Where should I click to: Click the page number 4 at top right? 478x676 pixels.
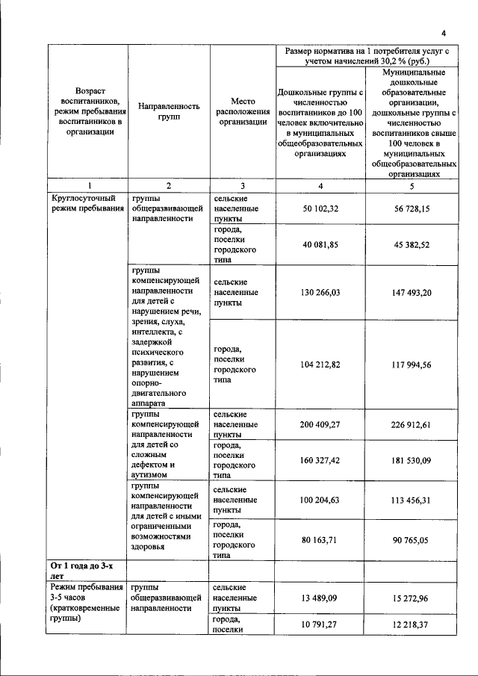click(443, 33)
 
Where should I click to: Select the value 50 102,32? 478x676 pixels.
click(320, 210)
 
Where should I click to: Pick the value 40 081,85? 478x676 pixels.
click(320, 244)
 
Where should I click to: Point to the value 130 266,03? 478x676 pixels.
click(320, 293)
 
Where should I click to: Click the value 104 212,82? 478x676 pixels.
click(320, 365)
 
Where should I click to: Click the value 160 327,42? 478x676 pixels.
click(320, 460)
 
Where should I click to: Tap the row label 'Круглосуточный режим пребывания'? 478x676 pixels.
click(84, 204)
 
